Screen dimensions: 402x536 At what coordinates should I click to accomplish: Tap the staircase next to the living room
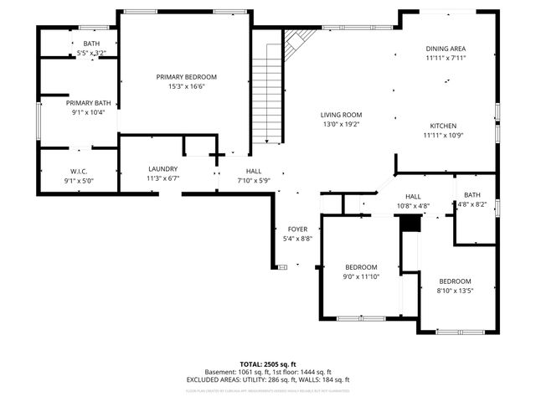click(266, 92)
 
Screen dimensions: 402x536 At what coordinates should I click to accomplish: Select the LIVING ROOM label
click(341, 115)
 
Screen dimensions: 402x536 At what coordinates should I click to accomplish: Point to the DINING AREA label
click(445, 49)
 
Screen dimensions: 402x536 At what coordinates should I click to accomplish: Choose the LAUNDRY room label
click(162, 168)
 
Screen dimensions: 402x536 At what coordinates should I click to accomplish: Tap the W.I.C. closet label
click(80, 171)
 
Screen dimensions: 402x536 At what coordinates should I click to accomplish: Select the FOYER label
click(298, 229)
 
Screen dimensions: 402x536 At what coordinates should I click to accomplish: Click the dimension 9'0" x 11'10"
click(362, 276)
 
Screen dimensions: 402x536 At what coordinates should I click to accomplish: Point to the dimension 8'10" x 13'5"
click(455, 291)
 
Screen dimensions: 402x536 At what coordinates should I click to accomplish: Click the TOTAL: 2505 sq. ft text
click(267, 364)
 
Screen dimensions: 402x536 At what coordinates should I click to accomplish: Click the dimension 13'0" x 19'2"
click(341, 124)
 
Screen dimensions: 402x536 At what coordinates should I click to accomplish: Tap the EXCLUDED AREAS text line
click(267, 379)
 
